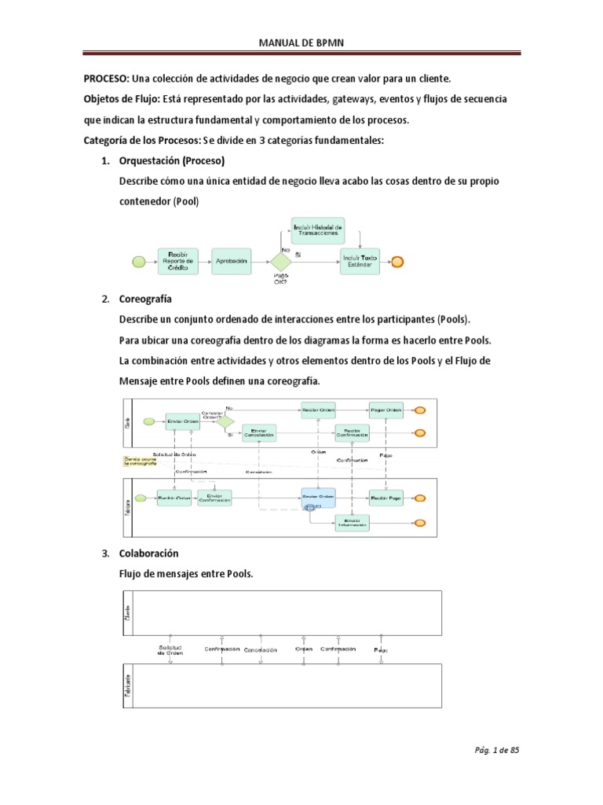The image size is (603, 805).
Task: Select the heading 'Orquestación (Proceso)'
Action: (171, 161)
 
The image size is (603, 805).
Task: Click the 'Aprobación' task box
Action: (231, 261)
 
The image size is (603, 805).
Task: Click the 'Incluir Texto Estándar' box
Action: (360, 261)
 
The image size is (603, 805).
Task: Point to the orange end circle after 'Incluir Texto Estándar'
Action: (398, 262)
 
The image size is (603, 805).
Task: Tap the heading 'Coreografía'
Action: (145, 300)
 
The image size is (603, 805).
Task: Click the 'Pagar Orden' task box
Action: (386, 410)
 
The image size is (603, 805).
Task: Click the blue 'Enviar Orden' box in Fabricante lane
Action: (317, 497)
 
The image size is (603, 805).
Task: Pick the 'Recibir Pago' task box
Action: (386, 497)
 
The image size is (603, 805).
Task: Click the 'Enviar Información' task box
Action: (352, 522)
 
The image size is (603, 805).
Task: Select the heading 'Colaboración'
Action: (148, 553)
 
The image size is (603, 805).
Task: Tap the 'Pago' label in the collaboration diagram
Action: (381, 650)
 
